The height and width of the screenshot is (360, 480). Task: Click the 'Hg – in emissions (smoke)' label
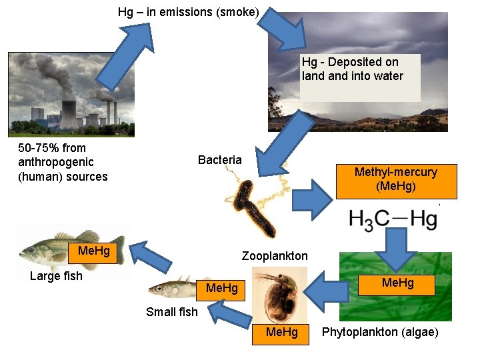click(x=189, y=12)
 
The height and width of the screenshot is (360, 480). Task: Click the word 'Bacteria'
click(x=220, y=160)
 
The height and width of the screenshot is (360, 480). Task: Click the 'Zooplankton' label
click(x=275, y=256)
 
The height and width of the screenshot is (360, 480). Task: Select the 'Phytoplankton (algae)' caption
click(x=380, y=332)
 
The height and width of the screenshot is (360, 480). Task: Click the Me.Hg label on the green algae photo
click(x=398, y=283)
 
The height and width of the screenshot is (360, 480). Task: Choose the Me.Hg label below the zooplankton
click(x=282, y=332)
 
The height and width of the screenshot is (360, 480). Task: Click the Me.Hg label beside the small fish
click(x=222, y=288)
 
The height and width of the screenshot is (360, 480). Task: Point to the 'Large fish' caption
click(x=56, y=276)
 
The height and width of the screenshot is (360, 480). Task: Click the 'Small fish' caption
click(x=171, y=311)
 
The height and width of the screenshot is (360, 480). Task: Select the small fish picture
click(x=172, y=289)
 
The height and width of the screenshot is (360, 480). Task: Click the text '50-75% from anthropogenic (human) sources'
click(x=63, y=162)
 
